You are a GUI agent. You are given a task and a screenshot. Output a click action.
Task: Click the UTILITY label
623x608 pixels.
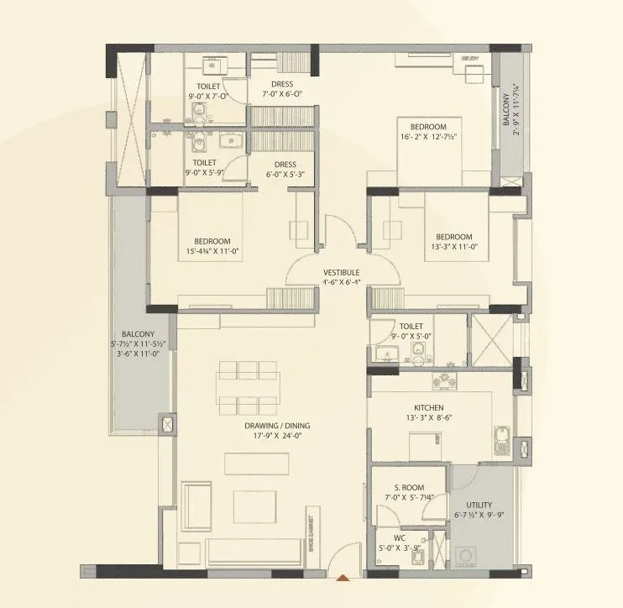pyautogui.click(x=475, y=506)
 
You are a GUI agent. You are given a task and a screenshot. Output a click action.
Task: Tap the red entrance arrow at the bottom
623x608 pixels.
pyautogui.click(x=342, y=578)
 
